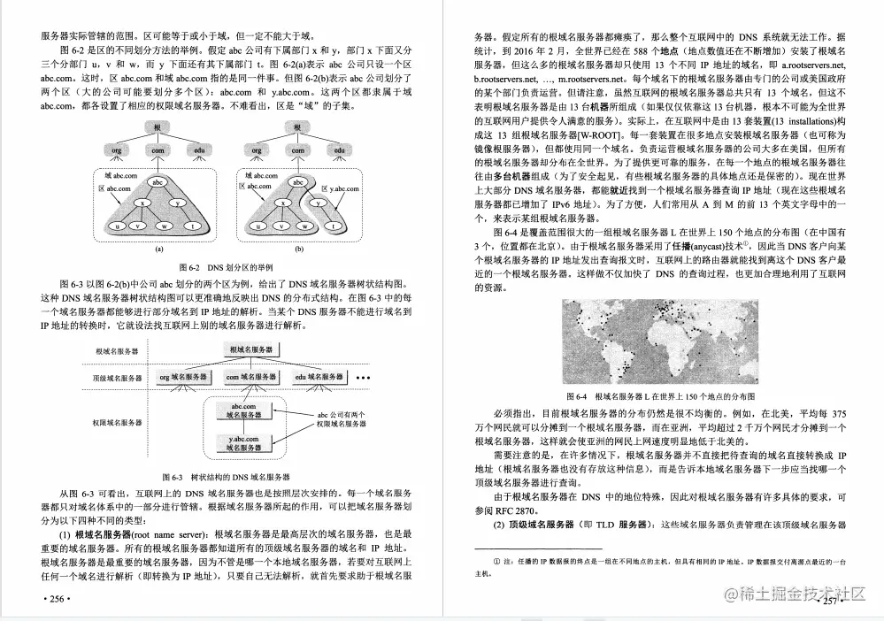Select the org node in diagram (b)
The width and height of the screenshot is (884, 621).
point(256,151)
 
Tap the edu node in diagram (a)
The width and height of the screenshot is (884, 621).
point(201,151)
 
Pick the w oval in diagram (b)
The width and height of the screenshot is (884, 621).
point(293,226)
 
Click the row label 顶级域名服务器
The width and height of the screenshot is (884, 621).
point(116,378)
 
